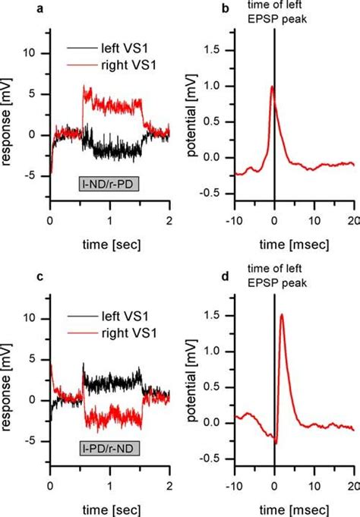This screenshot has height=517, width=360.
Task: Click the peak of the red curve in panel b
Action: point(272,87)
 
